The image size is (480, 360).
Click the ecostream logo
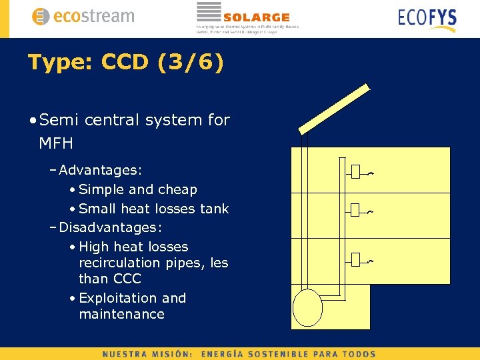pyautogui.click(x=83, y=17)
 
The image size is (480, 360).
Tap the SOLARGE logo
pyautogui.click(x=247, y=17)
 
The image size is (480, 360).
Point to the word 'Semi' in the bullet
pyautogui.click(x=59, y=120)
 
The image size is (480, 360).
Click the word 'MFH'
pyautogui.click(x=56, y=143)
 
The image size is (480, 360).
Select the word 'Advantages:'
pyautogui.click(x=101, y=171)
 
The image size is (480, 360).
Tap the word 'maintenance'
pyautogui.click(x=121, y=314)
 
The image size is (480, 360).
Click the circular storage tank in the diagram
pyautogui.click(x=307, y=307)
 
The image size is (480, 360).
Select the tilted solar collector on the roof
pyautogui.click(x=333, y=109)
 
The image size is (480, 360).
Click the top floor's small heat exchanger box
pyautogui.click(x=355, y=172)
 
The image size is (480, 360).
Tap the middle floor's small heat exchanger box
pyautogui.click(x=355, y=211)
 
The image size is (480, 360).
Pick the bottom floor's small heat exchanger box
pyautogui.click(x=355, y=259)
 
